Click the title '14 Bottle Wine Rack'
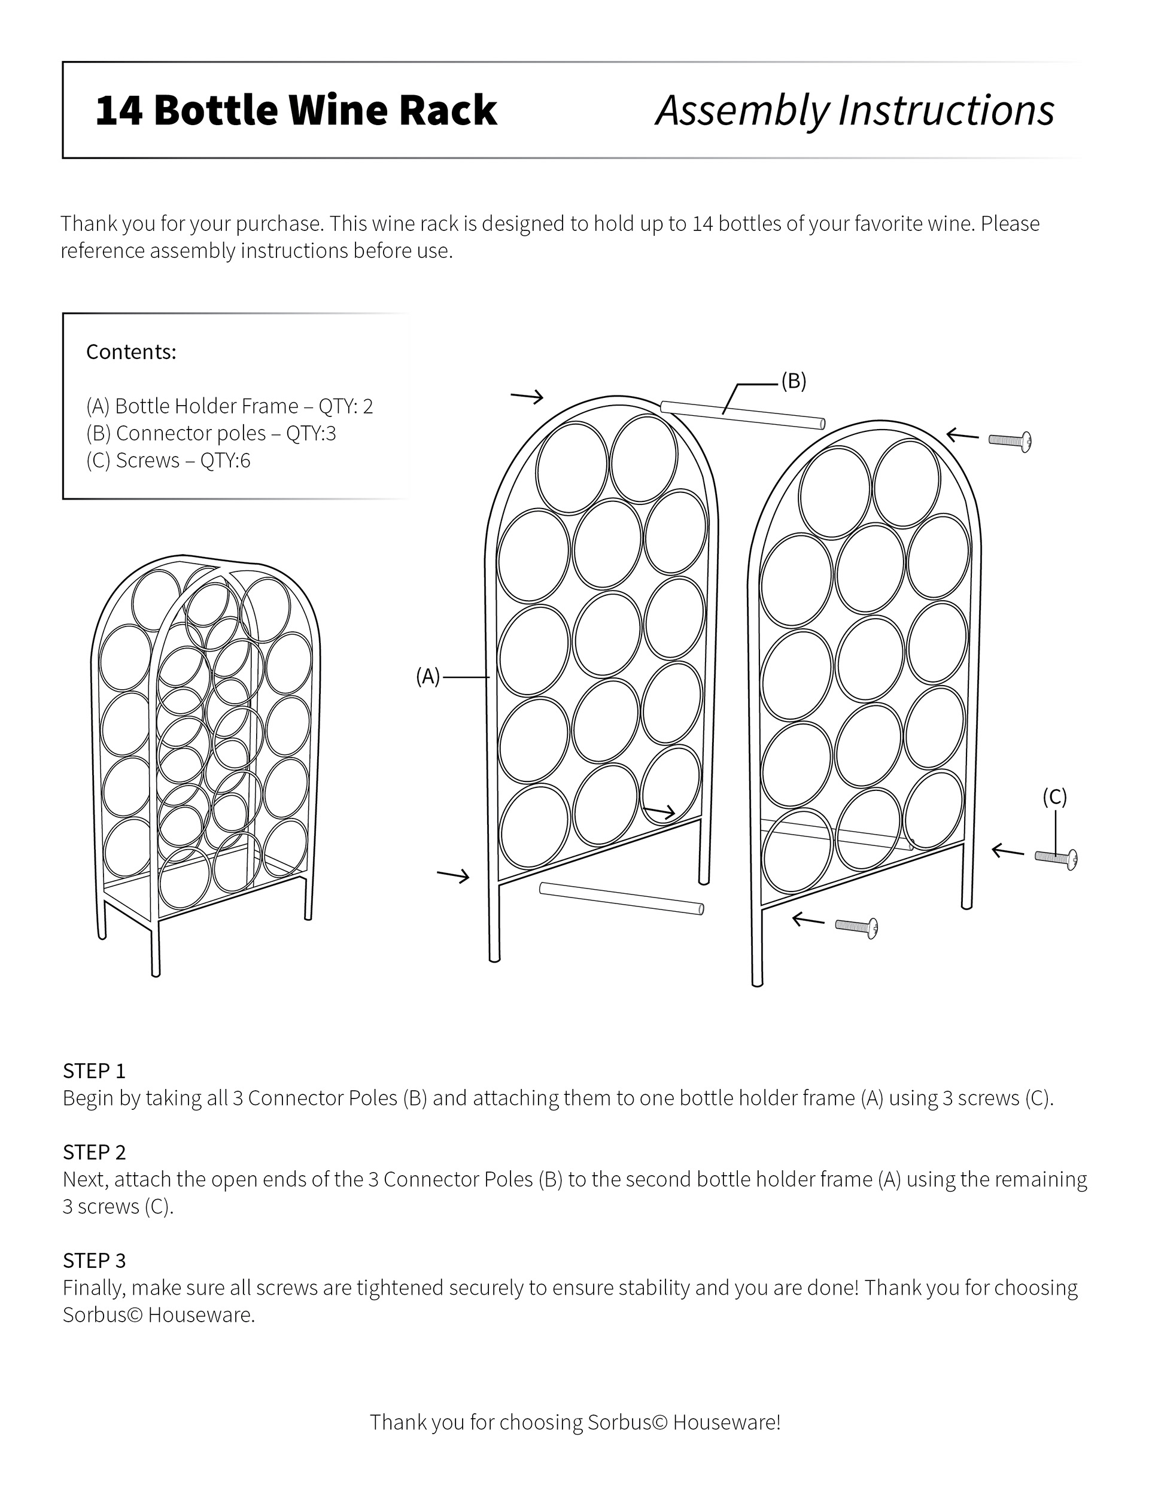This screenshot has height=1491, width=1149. [x=296, y=111]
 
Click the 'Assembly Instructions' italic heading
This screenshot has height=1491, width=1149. [x=855, y=111]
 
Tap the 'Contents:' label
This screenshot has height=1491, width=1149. [x=131, y=352]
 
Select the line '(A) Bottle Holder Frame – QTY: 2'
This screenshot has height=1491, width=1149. [x=229, y=406]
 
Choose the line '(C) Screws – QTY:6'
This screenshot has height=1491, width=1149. [x=168, y=461]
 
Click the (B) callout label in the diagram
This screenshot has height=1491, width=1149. [x=794, y=382]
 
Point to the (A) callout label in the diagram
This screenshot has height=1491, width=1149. [x=428, y=677]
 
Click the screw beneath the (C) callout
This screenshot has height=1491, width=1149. [x=1056, y=858]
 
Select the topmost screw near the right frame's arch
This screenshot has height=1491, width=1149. [x=1010, y=441]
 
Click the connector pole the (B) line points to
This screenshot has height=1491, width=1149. [x=742, y=415]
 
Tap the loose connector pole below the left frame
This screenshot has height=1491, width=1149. [x=621, y=899]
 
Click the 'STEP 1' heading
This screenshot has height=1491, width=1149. [x=94, y=1070]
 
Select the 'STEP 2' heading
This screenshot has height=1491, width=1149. [x=94, y=1152]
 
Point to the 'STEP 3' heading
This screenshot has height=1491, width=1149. [x=94, y=1261]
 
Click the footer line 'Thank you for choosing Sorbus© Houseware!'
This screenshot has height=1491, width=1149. [x=575, y=1422]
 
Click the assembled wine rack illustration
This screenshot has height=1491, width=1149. [x=205, y=758]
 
